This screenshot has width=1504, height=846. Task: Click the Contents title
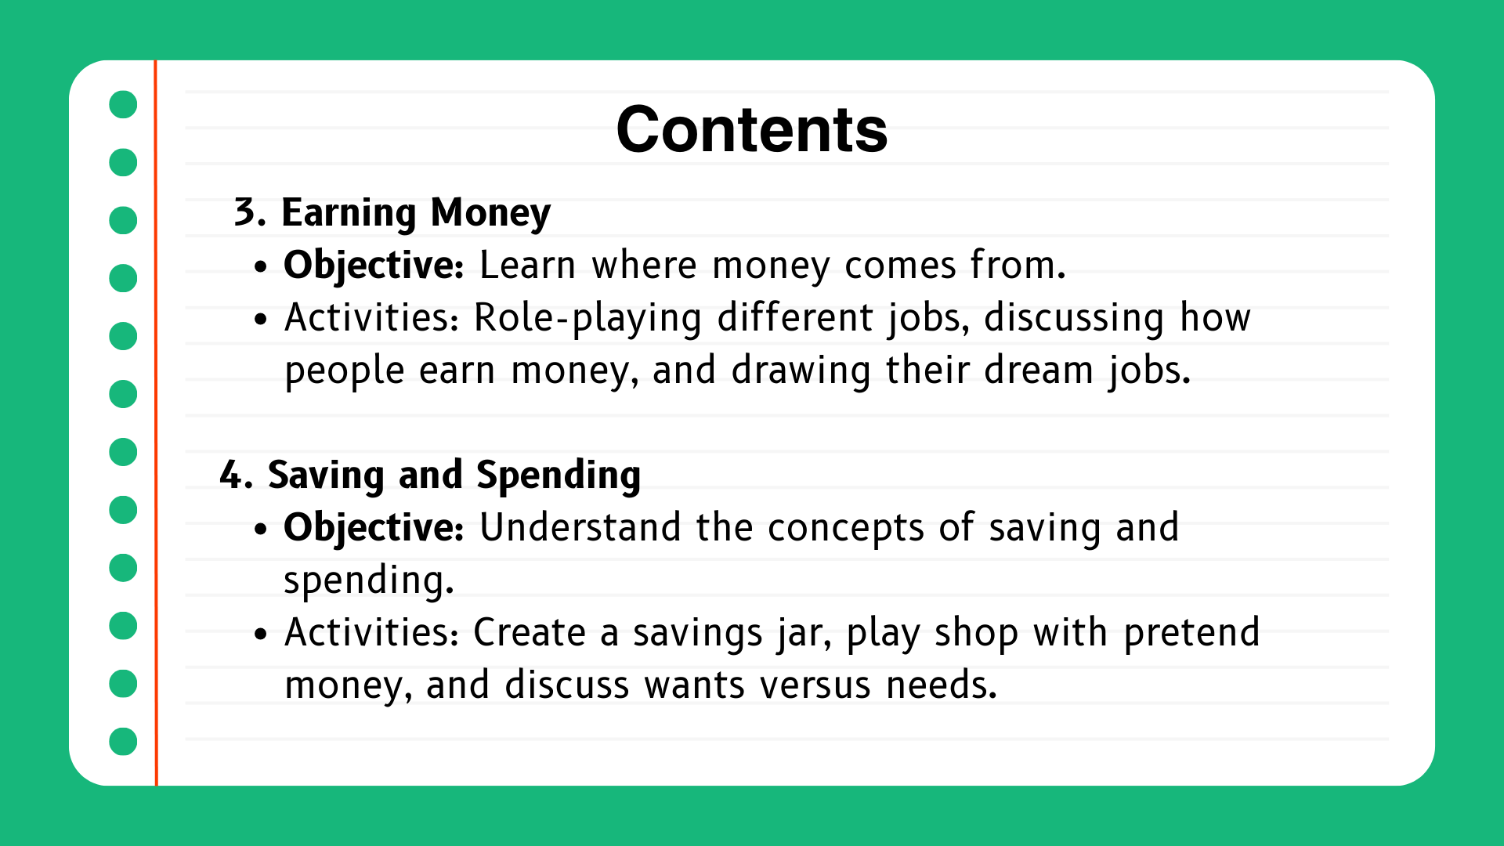[x=751, y=130]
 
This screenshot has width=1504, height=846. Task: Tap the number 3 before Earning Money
[x=246, y=212]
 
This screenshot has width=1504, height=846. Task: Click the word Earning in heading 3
[x=349, y=213]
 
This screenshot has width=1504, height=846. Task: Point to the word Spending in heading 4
[x=559, y=475]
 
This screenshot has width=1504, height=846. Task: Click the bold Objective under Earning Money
[x=373, y=266]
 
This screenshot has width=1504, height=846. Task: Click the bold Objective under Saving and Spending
[x=373, y=528]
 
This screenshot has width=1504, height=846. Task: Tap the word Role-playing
[x=587, y=319]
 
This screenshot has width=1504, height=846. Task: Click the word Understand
[x=580, y=527]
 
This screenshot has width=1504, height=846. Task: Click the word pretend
[x=1191, y=633]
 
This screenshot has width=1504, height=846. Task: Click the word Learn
[x=527, y=266]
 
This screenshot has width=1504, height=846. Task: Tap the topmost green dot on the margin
[x=123, y=104]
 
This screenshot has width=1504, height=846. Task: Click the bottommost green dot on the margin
[x=123, y=741]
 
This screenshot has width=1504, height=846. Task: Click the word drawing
[x=800, y=371]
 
